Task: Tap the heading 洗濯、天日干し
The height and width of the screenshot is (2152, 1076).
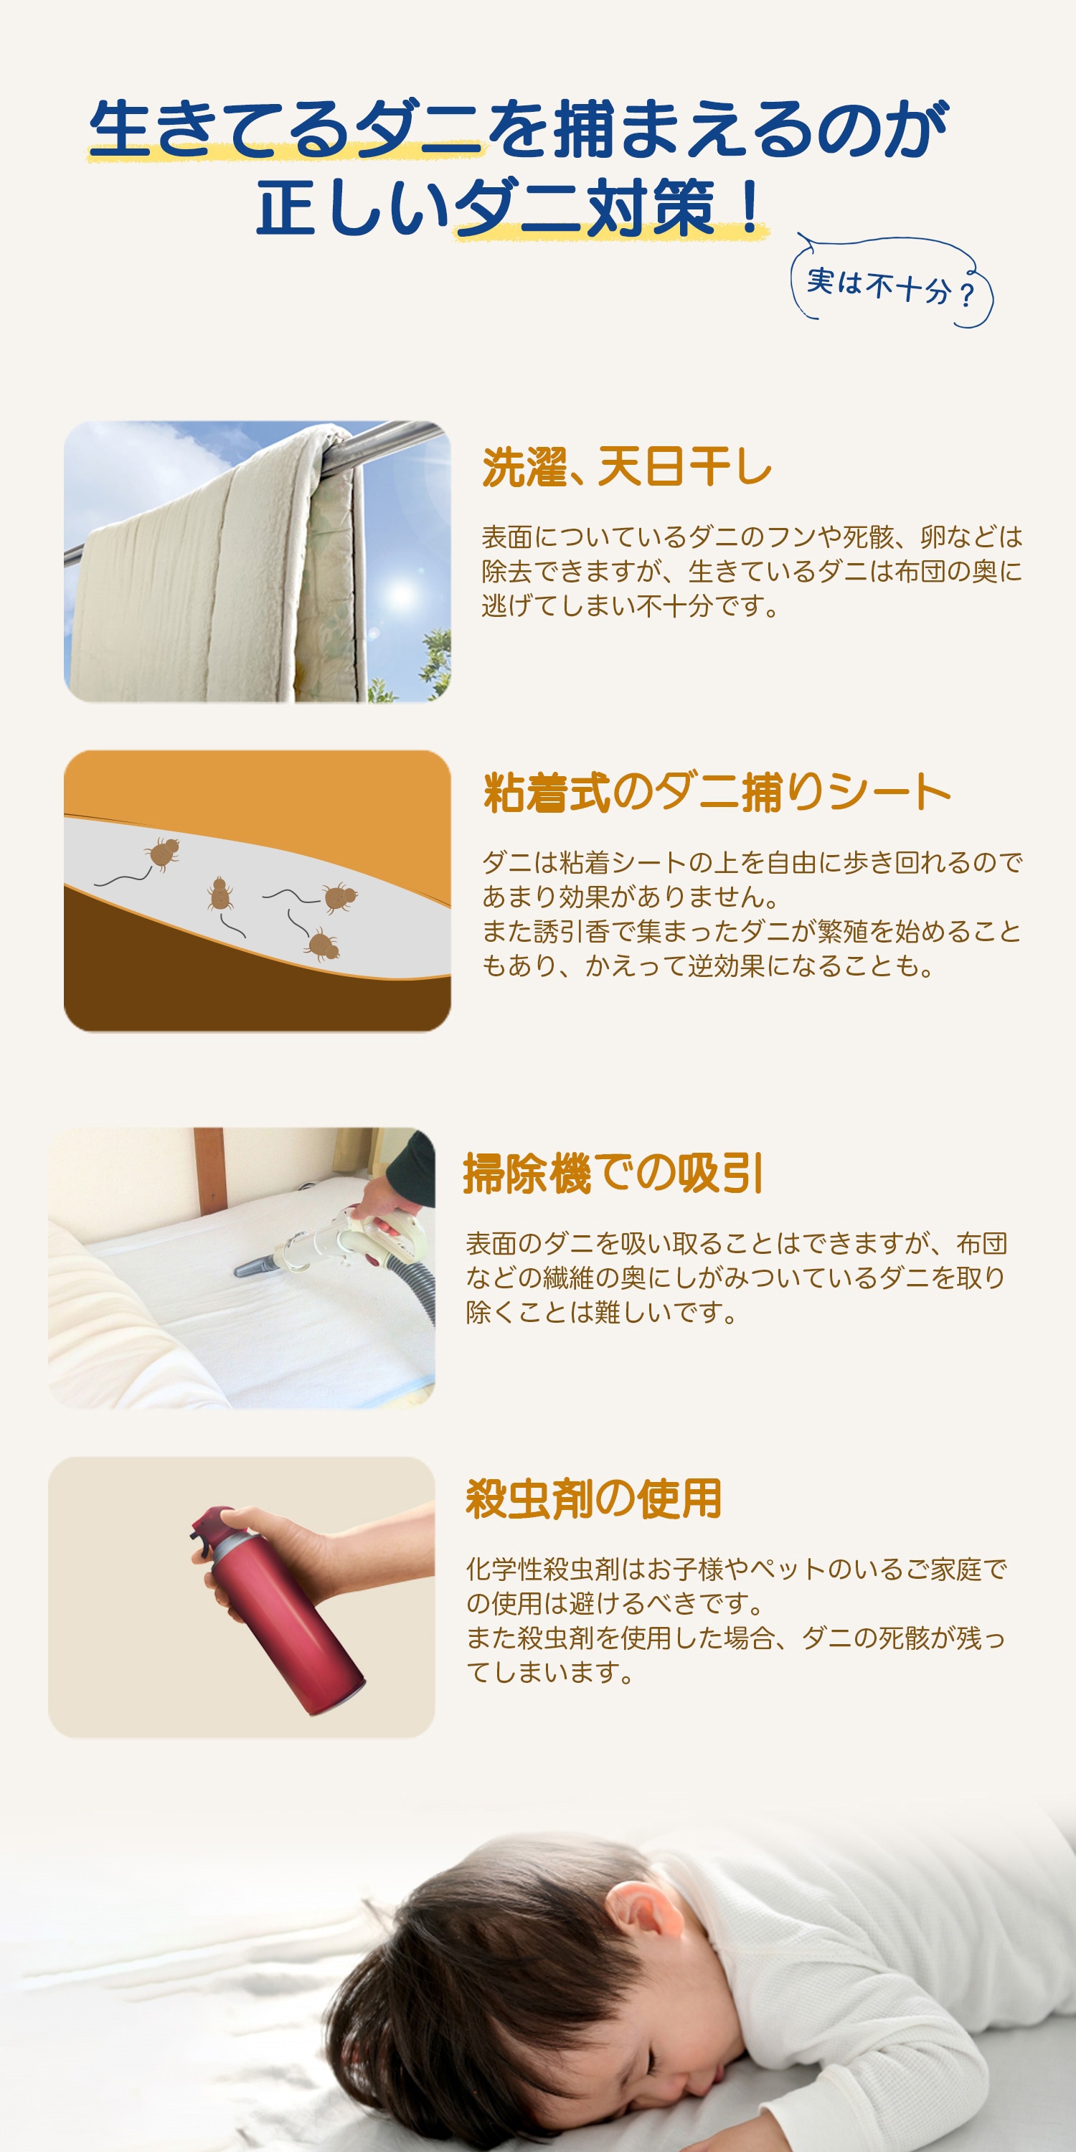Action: pyautogui.click(x=626, y=467)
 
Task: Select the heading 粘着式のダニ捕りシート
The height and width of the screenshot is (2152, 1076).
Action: pyautogui.click(x=717, y=792)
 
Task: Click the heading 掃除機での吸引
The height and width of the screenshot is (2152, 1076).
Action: pyautogui.click(x=613, y=1173)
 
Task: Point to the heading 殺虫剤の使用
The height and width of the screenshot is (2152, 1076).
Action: pyautogui.click(x=593, y=1499)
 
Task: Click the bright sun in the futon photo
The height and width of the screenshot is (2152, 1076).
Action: pyautogui.click(x=402, y=594)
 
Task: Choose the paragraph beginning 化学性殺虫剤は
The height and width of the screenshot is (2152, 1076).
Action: pyautogui.click(x=735, y=1620)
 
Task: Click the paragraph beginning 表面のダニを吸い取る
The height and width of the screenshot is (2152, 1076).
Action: pyautogui.click(x=735, y=1278)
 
